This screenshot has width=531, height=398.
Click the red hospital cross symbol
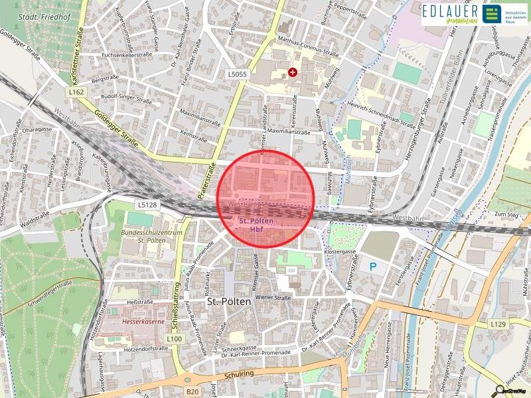[x=292, y=72]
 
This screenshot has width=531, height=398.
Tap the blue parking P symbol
[x=373, y=267]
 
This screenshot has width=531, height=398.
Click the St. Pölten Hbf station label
[x=256, y=224]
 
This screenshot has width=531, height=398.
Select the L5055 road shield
[x=236, y=74]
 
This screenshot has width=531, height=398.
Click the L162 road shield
[x=76, y=93]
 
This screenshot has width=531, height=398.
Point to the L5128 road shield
[x=148, y=206]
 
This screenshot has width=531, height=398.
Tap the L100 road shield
[x=175, y=339]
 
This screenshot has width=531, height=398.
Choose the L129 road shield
[x=498, y=324]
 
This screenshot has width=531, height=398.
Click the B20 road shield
[x=192, y=392]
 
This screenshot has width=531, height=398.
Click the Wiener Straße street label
[x=273, y=298]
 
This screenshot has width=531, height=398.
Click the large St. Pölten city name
[x=229, y=301]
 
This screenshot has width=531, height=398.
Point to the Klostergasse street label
[x=342, y=253]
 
